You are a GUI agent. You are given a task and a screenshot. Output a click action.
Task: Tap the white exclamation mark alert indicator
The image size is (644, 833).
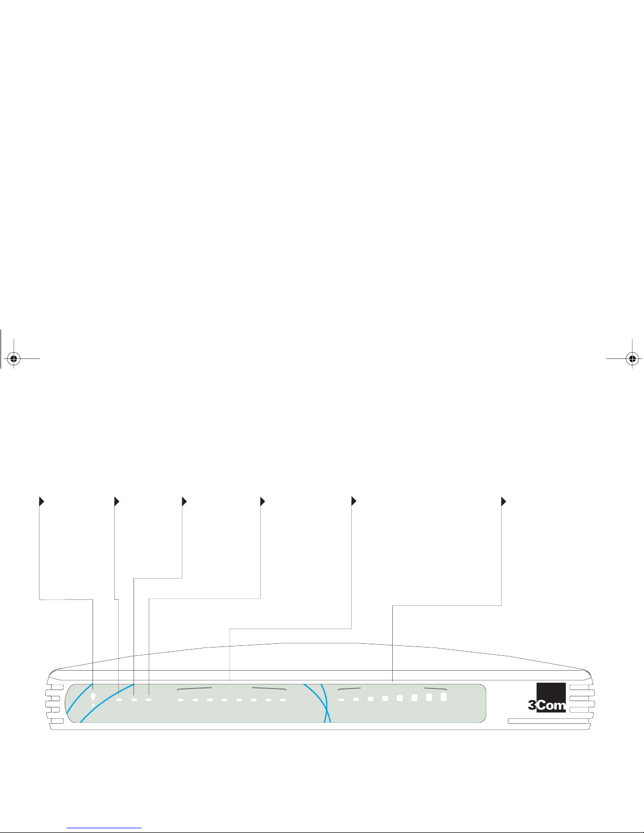coord(93,699)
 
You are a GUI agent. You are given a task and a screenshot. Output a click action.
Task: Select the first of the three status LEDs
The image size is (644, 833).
coord(119,700)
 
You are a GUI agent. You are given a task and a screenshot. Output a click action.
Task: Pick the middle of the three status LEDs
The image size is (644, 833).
coord(134,700)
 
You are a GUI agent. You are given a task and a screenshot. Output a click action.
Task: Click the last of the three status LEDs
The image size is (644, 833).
coord(149,700)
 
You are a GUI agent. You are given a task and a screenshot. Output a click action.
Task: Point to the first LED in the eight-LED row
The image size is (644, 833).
coord(180,700)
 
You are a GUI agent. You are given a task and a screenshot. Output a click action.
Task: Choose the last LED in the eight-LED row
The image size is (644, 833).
coord(283,700)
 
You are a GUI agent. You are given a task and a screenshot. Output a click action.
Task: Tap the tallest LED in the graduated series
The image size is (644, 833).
coord(443,697)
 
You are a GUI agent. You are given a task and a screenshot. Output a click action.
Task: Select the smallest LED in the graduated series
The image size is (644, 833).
coord(341,700)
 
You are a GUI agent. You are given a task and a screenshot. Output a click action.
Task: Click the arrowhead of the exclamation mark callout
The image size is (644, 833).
coord(42,501)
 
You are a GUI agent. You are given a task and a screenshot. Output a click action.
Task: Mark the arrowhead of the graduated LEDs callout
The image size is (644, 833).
coord(503,501)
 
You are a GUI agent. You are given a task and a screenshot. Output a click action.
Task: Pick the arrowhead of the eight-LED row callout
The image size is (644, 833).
coord(353,501)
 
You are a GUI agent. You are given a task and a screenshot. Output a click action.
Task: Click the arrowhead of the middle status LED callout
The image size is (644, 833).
coord(184,501)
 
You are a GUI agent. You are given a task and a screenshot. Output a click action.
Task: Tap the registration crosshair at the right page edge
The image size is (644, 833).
coord(632,359)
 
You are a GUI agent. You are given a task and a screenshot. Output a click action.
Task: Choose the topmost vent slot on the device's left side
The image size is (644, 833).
coord(54,687)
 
